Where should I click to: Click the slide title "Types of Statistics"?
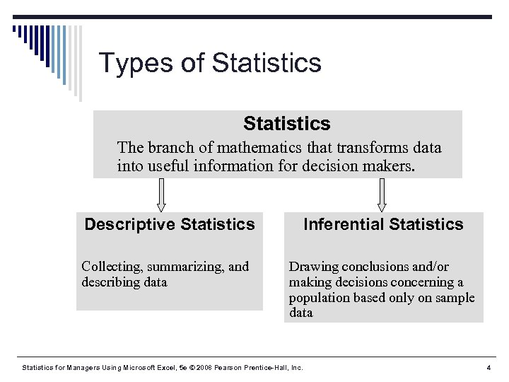tap(210, 63)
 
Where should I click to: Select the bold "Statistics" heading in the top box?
tap(286, 124)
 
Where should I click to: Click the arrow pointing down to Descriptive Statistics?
tap(161, 195)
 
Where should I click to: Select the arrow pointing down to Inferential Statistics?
tap(382, 195)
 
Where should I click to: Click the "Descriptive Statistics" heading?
tap(170, 225)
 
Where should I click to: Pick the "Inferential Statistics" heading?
tap(383, 225)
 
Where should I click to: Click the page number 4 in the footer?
tap(488, 368)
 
